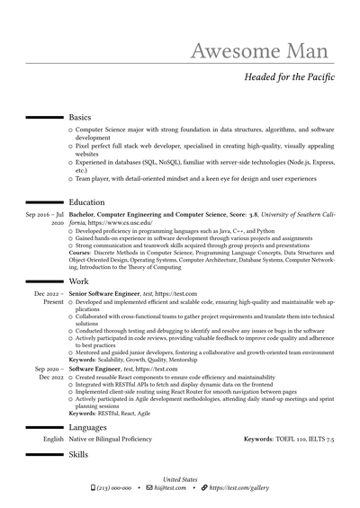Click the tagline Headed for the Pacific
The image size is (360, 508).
click(x=289, y=77)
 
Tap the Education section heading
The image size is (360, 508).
click(x=86, y=202)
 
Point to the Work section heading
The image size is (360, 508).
click(x=79, y=281)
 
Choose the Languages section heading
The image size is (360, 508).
click(x=88, y=427)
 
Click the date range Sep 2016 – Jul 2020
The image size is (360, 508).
click(x=44, y=220)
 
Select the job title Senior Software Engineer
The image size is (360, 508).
click(x=104, y=294)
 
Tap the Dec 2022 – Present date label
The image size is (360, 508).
click(x=49, y=298)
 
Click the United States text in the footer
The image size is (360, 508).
click(x=180, y=479)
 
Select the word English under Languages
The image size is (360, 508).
click(x=53, y=440)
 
